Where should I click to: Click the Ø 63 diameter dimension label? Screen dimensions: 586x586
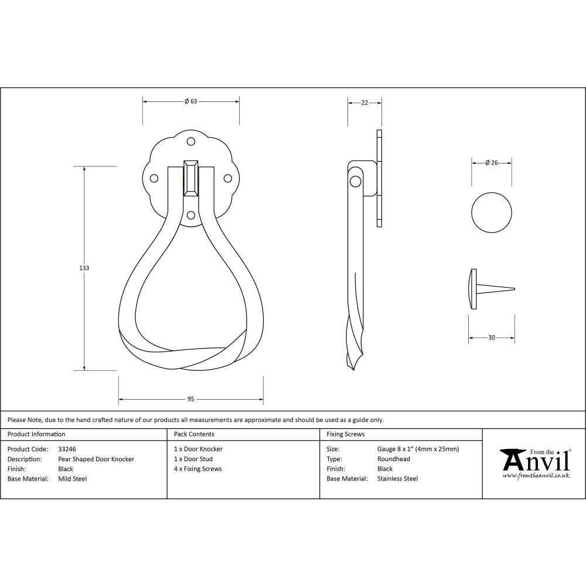point(190,101)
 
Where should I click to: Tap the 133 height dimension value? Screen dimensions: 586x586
point(84,268)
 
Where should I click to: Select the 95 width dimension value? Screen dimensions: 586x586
point(190,399)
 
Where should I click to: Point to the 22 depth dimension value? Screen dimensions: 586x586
point(364,103)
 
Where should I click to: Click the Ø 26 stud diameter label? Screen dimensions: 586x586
point(492,163)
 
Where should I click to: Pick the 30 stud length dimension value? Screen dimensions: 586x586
point(491,338)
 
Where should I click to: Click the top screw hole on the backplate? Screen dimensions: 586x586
point(190,141)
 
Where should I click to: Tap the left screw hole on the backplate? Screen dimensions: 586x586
point(154,178)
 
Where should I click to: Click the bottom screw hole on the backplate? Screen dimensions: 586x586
point(190,215)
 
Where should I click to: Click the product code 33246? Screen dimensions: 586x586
point(67,449)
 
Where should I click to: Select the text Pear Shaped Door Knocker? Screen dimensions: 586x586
point(96,459)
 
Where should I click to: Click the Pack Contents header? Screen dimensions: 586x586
point(194,434)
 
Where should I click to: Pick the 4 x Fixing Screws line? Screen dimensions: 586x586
point(197,469)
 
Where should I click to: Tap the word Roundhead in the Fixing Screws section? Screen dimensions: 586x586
point(394,459)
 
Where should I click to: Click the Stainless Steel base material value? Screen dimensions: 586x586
point(397,479)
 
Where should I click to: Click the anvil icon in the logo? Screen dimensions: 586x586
point(512,461)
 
